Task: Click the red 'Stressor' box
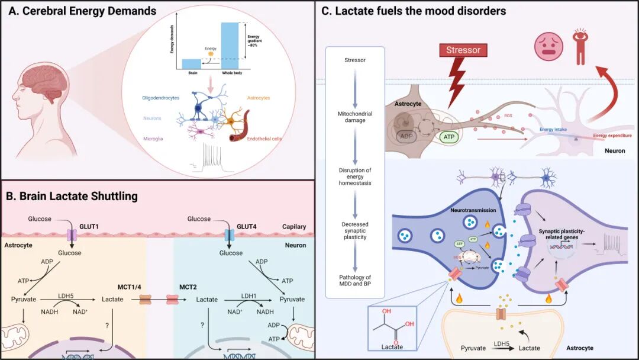click(463, 50)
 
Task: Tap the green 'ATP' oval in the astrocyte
click(447, 137)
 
